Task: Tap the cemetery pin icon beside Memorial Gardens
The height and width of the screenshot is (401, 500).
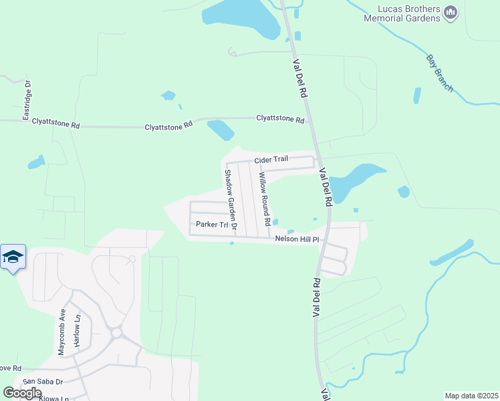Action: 451,13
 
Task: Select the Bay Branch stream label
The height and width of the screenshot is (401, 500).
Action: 440,73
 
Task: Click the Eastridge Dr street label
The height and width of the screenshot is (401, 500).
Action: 27,101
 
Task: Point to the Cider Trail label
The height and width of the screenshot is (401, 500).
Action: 271,160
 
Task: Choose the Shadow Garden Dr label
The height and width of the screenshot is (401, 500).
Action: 231,199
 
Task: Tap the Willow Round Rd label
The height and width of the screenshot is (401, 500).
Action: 265,198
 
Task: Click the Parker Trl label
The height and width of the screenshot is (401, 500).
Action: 212,225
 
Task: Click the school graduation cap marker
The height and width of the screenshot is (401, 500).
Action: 13,257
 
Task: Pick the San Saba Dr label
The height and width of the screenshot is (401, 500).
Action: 43,382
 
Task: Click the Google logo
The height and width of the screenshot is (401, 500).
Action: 23,393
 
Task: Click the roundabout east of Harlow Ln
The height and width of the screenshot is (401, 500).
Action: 116,332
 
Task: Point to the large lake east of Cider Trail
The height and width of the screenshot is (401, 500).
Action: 354,179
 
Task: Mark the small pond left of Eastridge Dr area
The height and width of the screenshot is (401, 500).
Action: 35,162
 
